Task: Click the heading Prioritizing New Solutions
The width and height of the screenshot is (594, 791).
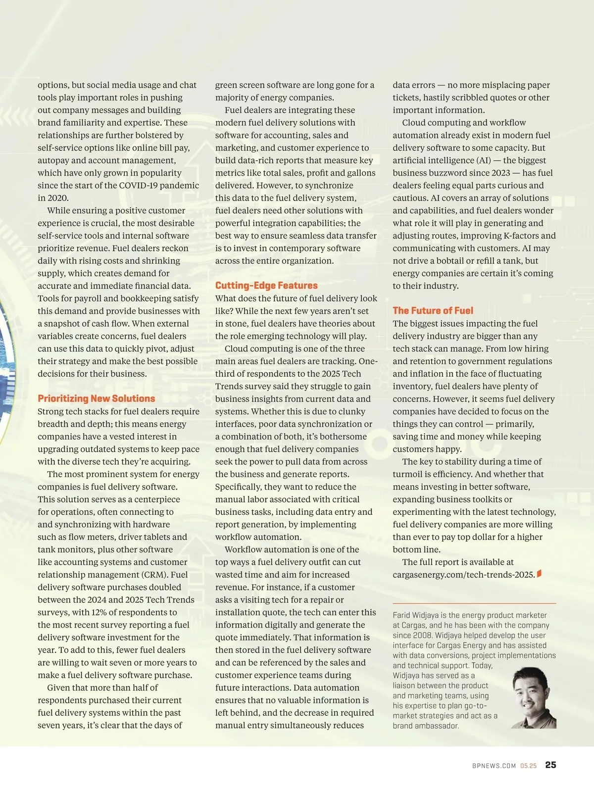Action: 96,398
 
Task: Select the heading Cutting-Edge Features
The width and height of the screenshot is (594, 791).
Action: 266,286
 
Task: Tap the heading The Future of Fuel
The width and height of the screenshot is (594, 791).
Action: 433,310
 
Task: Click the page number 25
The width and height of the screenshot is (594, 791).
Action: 550,765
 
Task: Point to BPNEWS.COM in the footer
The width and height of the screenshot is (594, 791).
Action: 494,766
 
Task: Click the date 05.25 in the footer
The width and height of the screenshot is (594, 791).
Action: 528,766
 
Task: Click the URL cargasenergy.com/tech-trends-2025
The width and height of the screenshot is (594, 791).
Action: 464,575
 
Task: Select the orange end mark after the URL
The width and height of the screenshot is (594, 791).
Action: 539,574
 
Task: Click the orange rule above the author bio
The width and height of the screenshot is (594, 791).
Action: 474,603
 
